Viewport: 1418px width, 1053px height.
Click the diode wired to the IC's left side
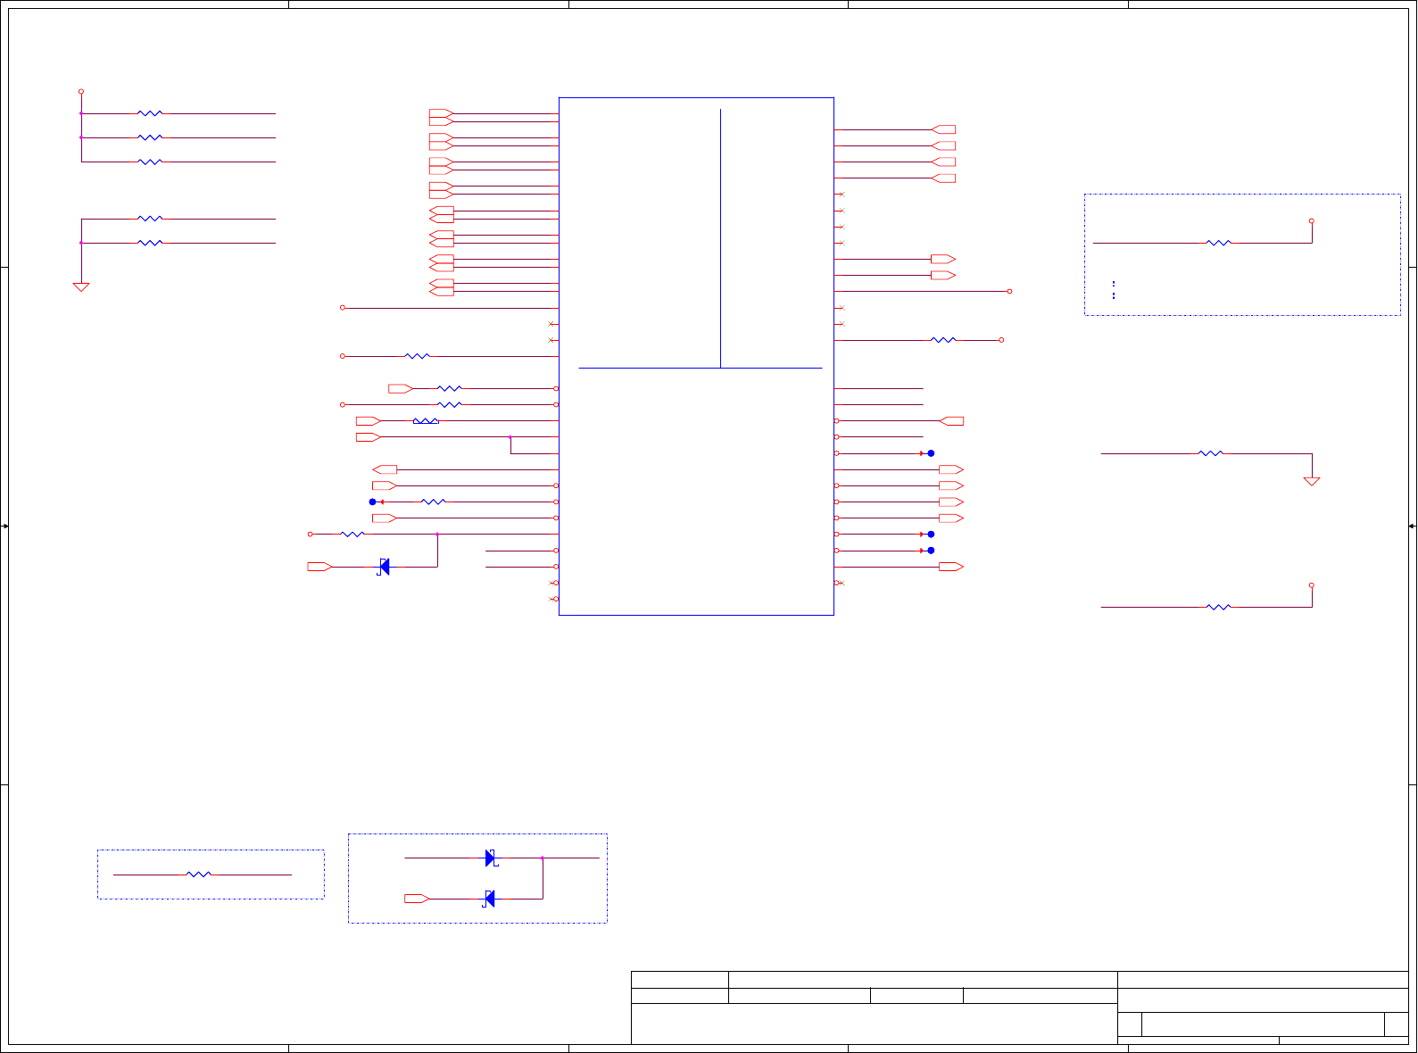[384, 567]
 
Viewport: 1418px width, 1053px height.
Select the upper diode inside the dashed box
[490, 858]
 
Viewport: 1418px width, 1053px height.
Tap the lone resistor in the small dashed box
[199, 875]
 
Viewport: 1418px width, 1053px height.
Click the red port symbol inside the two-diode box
[417, 899]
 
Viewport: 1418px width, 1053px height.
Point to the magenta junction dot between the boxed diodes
[542, 858]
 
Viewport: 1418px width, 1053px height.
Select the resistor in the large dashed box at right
[1218, 243]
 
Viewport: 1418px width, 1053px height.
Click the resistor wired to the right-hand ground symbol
[1210, 453]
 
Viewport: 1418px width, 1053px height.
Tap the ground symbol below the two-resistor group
[81, 287]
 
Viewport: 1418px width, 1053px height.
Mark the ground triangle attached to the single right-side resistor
[1312, 481]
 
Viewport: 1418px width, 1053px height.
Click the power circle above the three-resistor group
[81, 91]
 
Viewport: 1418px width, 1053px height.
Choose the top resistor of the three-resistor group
[150, 113]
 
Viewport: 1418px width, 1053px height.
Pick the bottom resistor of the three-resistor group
[150, 162]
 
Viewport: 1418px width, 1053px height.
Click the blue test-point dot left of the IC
[373, 502]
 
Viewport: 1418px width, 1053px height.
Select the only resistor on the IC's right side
[943, 340]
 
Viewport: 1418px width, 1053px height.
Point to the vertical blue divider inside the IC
[720, 237]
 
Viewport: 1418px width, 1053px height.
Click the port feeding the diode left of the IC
[319, 567]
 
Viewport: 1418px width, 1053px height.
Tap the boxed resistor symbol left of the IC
[426, 421]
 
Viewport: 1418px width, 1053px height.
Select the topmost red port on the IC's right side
[943, 129]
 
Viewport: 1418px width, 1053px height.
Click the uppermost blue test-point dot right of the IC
[931, 453]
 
